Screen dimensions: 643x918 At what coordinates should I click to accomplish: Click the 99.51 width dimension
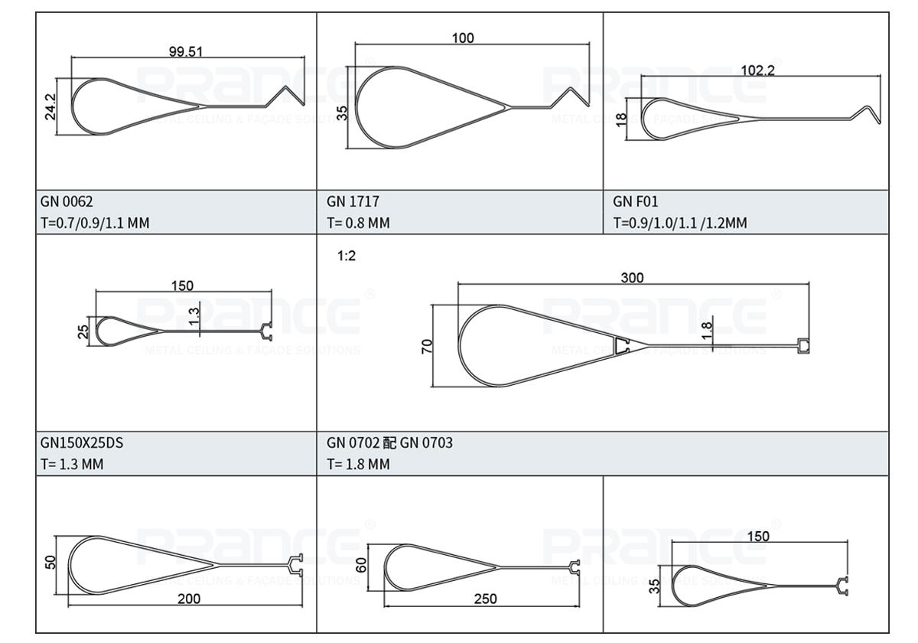186,52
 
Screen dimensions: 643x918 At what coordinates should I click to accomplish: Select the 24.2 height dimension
50,106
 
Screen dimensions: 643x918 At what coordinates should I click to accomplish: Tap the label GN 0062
67,202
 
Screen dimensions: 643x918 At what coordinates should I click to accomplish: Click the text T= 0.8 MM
358,224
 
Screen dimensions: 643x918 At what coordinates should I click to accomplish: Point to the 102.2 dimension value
758,70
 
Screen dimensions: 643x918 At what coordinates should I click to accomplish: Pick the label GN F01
635,202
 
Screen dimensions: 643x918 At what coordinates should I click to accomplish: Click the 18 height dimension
621,119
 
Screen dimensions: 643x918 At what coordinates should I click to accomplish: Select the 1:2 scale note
347,256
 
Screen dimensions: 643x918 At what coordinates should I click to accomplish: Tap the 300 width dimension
632,278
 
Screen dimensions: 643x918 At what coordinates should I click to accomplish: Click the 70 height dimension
427,345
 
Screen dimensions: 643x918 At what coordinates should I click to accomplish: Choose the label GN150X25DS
81,442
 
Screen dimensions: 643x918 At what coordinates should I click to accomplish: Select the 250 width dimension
485,599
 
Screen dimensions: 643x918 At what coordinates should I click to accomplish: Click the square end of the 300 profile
803,347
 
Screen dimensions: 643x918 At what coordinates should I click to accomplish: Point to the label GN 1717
353,202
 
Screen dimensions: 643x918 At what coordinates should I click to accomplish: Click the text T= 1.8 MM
358,464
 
